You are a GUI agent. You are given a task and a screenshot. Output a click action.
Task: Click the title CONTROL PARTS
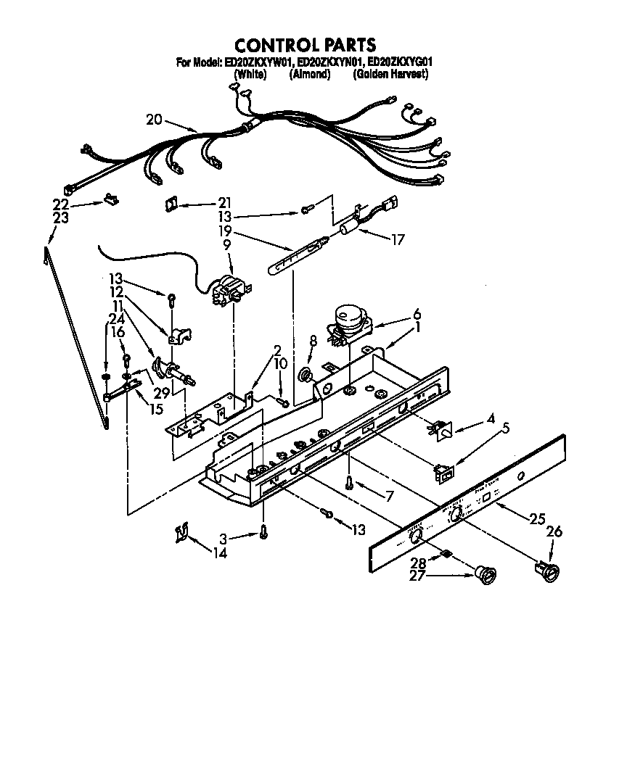coord(305,46)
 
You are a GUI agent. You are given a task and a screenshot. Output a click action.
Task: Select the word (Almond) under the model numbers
coord(310,75)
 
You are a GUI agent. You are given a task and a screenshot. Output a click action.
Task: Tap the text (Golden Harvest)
coord(390,75)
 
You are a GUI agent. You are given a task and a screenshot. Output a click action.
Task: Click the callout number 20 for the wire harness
coord(154,120)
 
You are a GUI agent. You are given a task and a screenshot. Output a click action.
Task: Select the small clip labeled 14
coord(181,534)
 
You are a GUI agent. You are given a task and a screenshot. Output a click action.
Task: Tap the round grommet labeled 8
coord(308,375)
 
